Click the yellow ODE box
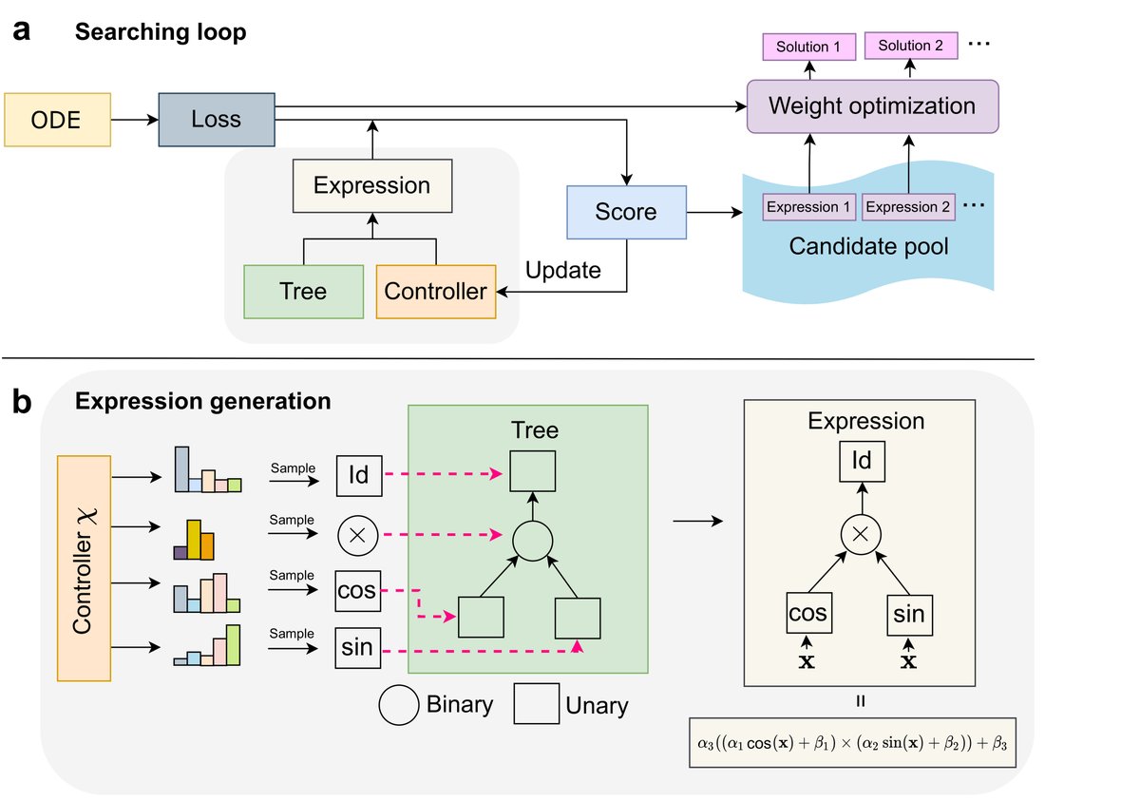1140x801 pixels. [x=57, y=120]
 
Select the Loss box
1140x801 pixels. [x=217, y=120]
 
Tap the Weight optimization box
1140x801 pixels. [x=872, y=105]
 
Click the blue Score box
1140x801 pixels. [x=626, y=211]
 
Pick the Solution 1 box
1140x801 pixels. [x=809, y=47]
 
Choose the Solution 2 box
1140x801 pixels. [x=910, y=46]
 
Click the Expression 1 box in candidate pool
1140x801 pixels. [x=809, y=207]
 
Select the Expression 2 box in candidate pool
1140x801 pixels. [x=909, y=207]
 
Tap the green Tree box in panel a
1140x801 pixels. [x=303, y=292]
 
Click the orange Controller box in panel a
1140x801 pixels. [x=436, y=292]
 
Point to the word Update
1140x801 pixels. [x=563, y=270]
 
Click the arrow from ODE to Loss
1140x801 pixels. [x=134, y=120]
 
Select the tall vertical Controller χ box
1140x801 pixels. [x=85, y=568]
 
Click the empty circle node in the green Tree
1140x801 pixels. [x=533, y=541]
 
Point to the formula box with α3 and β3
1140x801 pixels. [x=851, y=742]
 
